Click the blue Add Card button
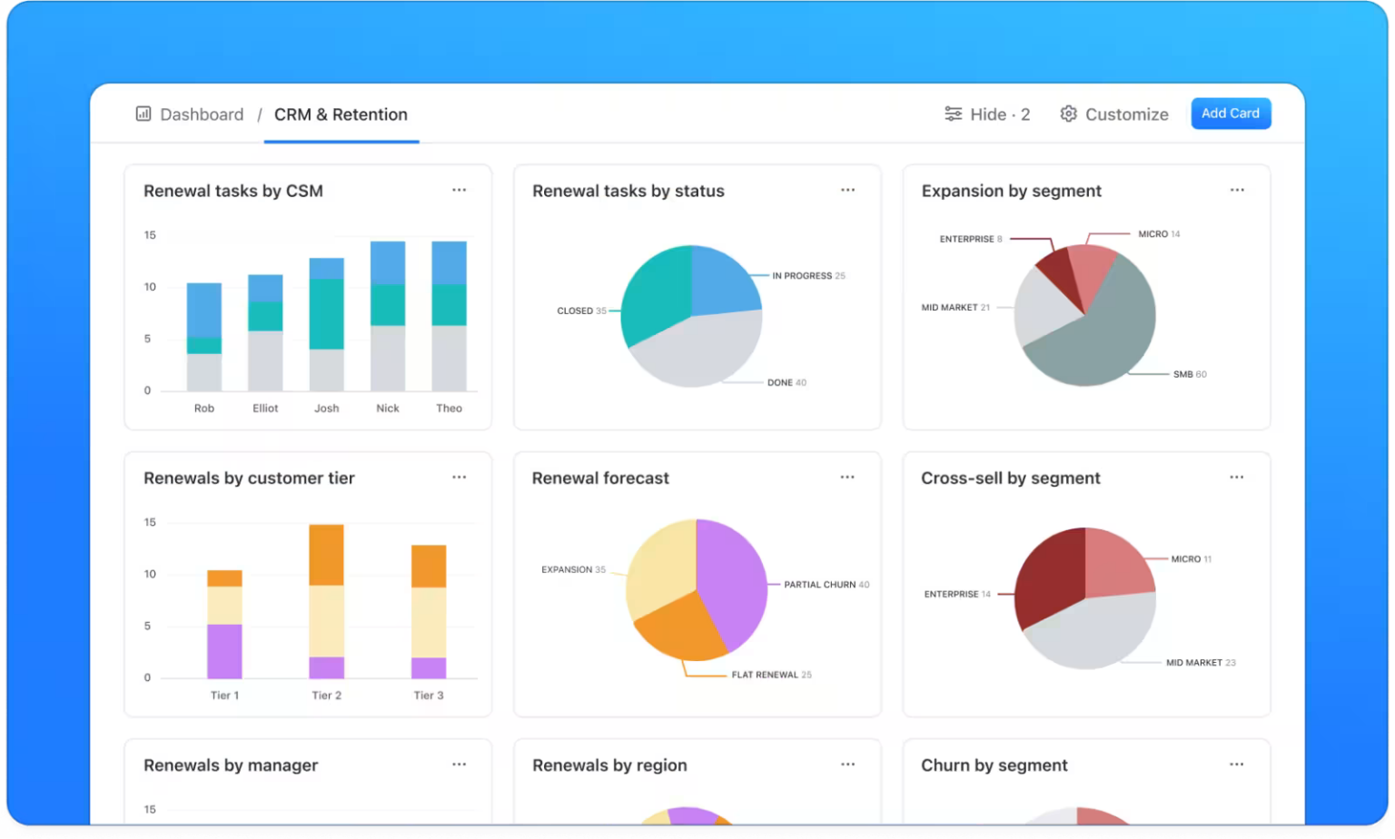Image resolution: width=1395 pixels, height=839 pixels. tap(1230, 114)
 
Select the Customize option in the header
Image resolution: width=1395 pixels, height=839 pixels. tap(1114, 114)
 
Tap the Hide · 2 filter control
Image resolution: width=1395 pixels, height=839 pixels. tap(987, 114)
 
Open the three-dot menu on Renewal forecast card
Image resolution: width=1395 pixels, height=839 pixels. tap(847, 478)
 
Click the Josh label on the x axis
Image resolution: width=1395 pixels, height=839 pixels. tap(327, 409)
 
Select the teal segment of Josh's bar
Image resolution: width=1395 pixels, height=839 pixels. tap(327, 313)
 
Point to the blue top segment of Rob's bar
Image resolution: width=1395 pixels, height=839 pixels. tap(204, 310)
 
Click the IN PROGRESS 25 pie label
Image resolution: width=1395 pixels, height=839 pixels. tap(807, 276)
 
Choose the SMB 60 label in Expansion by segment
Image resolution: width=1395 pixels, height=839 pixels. tap(1189, 374)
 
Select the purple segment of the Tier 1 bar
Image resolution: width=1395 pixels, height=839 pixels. tap(224, 651)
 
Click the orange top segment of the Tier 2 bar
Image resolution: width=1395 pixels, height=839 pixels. tap(327, 555)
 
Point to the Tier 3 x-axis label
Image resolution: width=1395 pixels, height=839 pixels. tap(429, 696)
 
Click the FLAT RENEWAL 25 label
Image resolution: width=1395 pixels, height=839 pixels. tap(771, 675)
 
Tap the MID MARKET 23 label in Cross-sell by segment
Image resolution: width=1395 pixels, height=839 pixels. tap(1200, 663)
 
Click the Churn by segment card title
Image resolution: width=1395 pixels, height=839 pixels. tap(994, 765)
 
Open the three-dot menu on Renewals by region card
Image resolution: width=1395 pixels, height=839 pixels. tap(847, 765)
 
